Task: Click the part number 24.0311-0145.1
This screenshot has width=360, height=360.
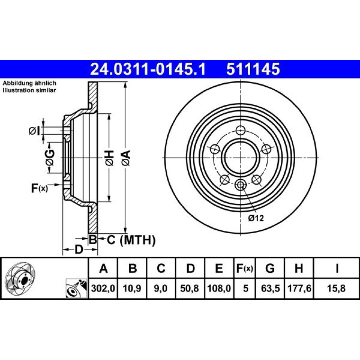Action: pos(148,69)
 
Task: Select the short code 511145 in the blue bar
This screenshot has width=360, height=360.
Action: pos(253,69)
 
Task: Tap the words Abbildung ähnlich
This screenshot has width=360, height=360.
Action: pos(30,83)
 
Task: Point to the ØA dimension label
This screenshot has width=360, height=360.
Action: pos(126,158)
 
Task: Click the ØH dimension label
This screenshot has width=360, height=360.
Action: pos(109,158)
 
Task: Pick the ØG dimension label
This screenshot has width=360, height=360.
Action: pos(50,158)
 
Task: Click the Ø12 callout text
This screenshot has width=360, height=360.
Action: pos(256,218)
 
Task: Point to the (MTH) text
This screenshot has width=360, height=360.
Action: pos(138,240)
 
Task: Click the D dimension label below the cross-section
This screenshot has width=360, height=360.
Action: pos(79,249)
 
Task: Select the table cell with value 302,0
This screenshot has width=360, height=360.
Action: pos(103,288)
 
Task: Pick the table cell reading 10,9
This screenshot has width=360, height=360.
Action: pos(132,288)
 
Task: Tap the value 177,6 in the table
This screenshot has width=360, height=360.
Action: pos(299,288)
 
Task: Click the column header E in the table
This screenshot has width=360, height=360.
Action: pos(219,268)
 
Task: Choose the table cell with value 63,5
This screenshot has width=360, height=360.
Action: pos(270,288)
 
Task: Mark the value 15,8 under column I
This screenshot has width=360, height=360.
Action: pos(336,288)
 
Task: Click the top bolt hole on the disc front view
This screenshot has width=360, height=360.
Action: pos(240,130)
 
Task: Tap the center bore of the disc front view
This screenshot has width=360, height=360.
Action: pos(240,158)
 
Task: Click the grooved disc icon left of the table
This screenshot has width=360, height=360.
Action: pos(20,279)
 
